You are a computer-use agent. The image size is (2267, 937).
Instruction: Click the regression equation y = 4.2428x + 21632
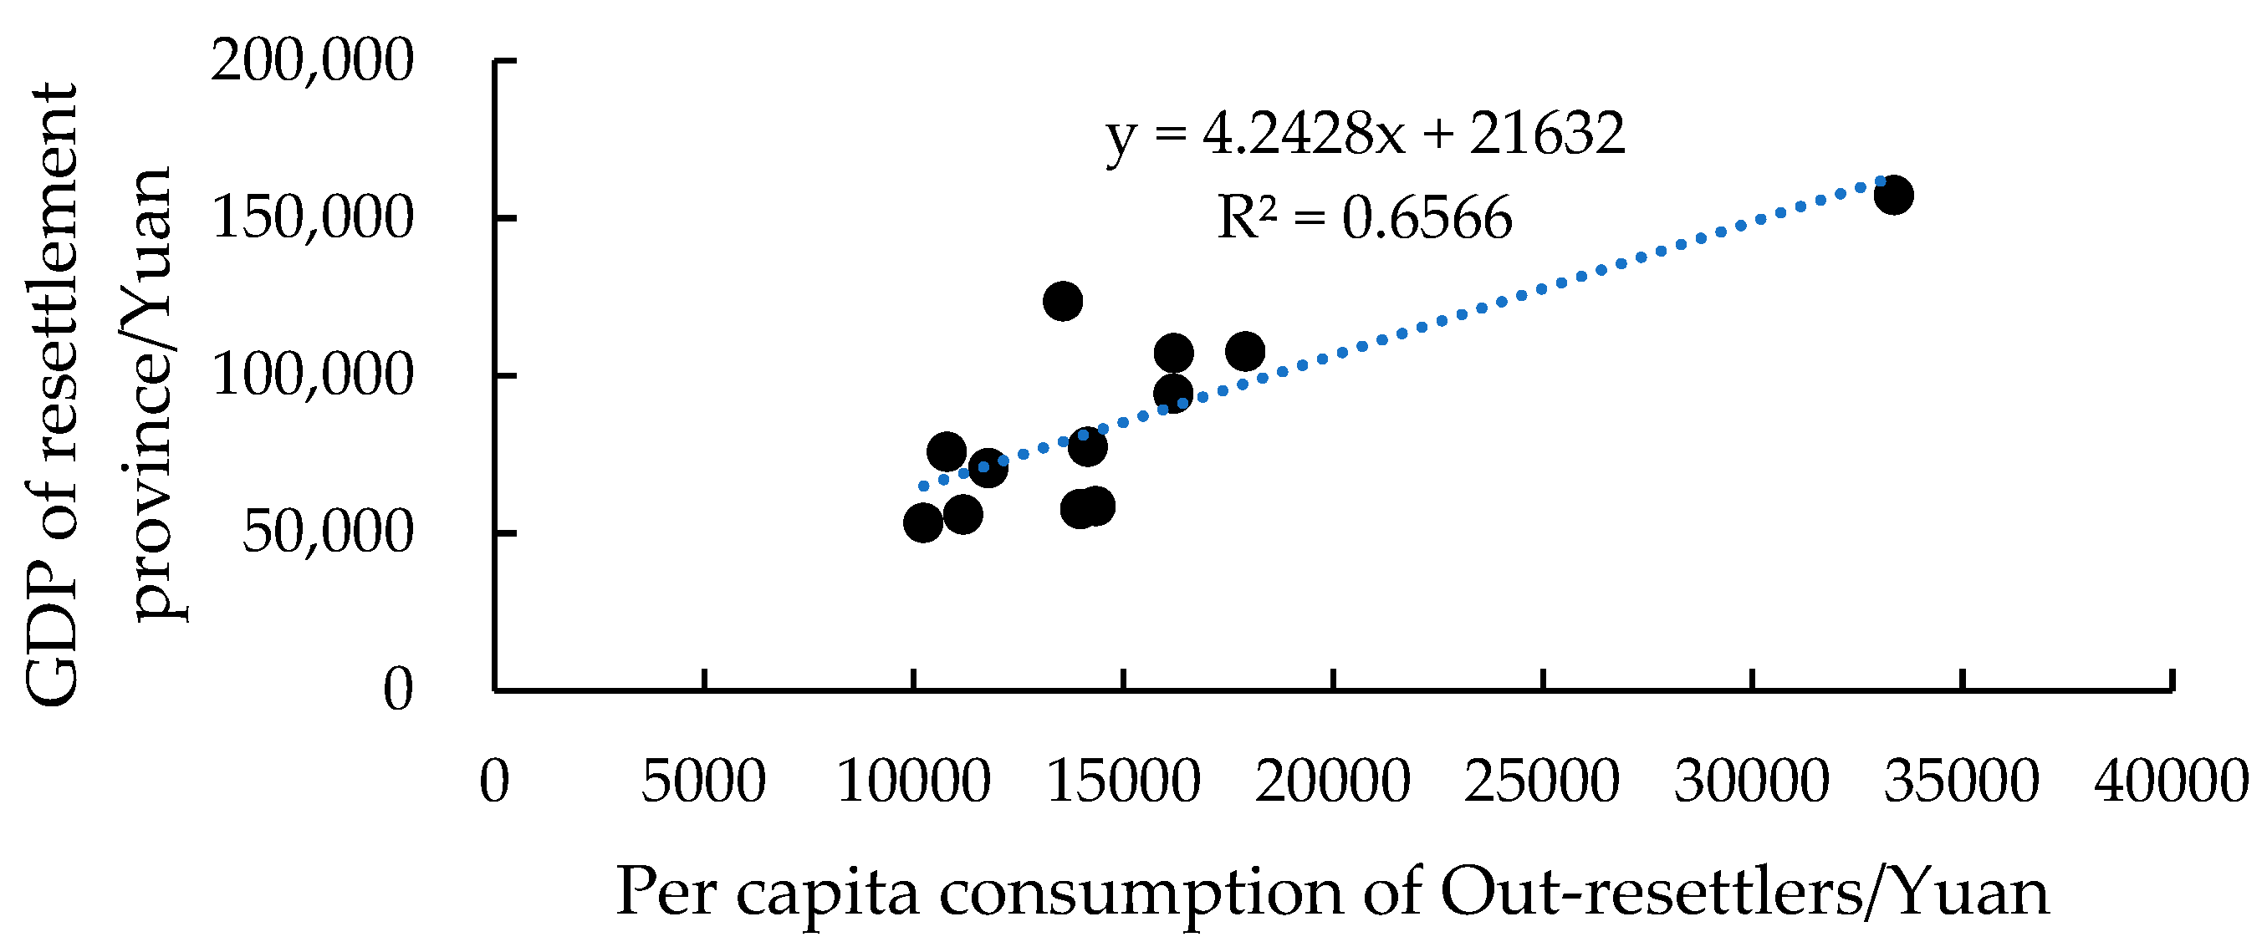tap(1365, 135)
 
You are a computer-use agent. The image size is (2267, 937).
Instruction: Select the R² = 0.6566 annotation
tap(1365, 217)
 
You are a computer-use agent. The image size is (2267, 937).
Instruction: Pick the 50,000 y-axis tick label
tap(326, 533)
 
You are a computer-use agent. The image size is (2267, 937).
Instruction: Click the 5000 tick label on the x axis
tap(703, 781)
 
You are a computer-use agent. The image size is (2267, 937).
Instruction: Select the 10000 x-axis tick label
tap(913, 781)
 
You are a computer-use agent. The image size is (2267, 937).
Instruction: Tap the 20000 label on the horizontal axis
tap(1332, 781)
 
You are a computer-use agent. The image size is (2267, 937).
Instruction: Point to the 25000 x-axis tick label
tap(1542, 781)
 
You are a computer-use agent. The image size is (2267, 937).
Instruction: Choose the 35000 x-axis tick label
tap(1961, 781)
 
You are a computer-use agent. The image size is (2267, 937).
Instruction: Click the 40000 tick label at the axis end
tap(2171, 781)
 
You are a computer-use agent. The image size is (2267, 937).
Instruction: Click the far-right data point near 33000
tap(1893, 196)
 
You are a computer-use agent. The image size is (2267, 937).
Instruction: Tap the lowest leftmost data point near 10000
tap(923, 523)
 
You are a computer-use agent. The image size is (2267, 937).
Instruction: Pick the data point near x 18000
tap(1245, 352)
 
